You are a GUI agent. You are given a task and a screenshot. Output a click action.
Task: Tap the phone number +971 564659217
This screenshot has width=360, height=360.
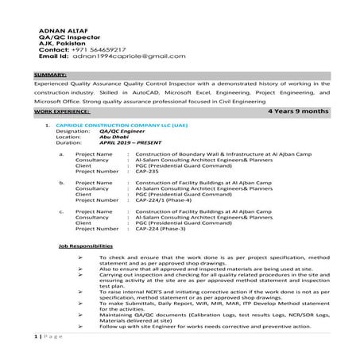point(107,49)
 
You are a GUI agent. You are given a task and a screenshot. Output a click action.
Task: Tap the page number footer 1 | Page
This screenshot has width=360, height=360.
point(47,339)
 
